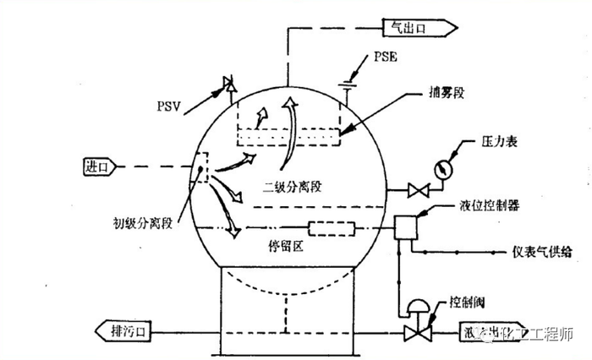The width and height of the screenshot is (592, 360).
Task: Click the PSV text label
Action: (x=170, y=107)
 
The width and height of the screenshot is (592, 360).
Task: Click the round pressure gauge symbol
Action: (x=443, y=168)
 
